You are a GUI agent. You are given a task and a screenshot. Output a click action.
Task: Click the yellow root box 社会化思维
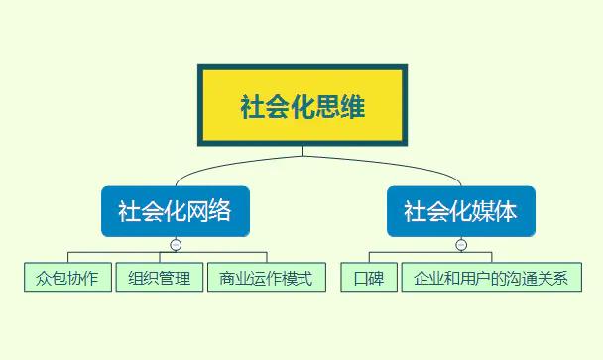click(301, 105)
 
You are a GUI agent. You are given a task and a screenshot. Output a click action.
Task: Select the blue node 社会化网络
click(175, 211)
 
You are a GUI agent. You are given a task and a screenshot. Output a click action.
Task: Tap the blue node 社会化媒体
click(460, 211)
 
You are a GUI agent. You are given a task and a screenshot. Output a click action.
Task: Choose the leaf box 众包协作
click(67, 278)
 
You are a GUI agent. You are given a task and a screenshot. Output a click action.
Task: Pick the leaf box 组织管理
click(160, 278)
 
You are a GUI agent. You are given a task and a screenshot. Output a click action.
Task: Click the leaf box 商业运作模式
click(266, 278)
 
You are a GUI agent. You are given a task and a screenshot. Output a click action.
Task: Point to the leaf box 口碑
click(369, 278)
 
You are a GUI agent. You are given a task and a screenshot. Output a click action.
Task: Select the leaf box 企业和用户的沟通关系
click(491, 278)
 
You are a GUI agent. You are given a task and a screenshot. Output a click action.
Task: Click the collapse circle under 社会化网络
click(176, 245)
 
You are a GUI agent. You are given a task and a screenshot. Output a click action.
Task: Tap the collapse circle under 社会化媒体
click(461, 245)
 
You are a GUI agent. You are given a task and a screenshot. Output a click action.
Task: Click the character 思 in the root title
click(326, 106)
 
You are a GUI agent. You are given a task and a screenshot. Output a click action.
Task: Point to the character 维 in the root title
click(352, 106)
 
